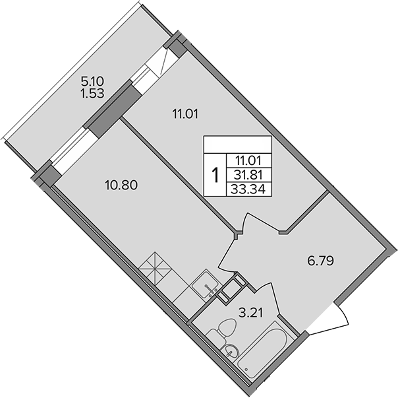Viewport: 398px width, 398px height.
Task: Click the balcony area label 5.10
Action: tap(93, 82)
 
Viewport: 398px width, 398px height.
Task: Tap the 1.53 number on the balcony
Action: tap(92, 94)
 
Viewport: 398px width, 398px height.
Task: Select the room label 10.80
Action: tap(121, 185)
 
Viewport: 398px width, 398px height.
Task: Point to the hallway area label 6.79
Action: tap(320, 261)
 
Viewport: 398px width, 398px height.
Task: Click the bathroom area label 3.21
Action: tap(250, 313)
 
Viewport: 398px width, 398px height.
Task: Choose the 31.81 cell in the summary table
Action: tap(249, 175)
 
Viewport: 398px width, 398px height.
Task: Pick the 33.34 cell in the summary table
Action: tap(249, 189)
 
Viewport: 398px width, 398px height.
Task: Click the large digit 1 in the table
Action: tap(215, 175)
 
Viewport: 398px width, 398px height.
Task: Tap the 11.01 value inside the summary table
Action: tap(249, 160)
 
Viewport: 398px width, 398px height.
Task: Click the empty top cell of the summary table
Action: tap(238, 145)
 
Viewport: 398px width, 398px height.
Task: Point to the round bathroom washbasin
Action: tap(231, 352)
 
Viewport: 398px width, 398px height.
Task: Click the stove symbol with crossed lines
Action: tap(155, 269)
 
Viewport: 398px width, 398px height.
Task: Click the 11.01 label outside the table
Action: tap(185, 114)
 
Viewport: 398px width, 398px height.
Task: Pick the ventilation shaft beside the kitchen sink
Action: tap(231, 287)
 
